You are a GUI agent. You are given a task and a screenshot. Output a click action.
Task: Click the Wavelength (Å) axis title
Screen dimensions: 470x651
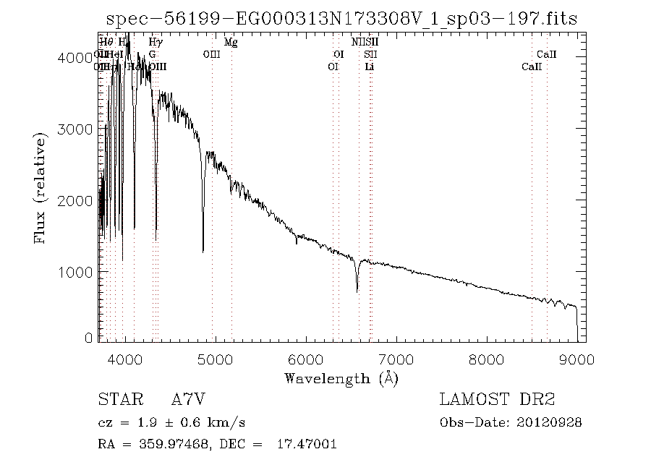pos(341,378)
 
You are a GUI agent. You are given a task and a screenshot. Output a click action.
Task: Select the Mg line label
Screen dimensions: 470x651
pos(231,43)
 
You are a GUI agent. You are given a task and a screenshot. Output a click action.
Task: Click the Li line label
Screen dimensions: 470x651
pos(369,67)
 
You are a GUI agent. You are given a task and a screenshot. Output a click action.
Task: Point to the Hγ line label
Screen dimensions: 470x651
pos(155,43)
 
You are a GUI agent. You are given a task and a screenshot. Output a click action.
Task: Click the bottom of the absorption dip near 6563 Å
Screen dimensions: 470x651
pos(357,291)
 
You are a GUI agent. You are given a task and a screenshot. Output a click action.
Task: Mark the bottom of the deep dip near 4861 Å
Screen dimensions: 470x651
pos(203,252)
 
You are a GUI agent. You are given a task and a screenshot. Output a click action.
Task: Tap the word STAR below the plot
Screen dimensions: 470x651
pos(116,400)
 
